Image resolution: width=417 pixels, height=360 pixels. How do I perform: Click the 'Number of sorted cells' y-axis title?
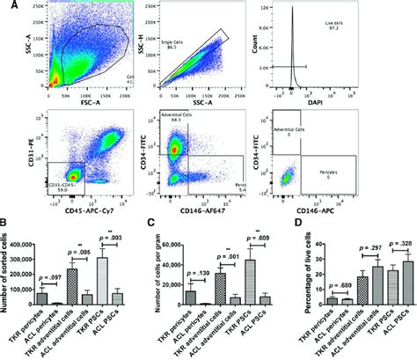(8, 268)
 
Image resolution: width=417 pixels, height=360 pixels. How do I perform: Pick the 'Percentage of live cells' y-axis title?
(290, 268)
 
